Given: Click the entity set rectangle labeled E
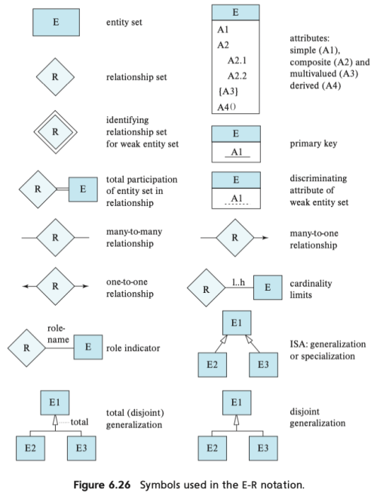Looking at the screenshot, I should tap(56, 23).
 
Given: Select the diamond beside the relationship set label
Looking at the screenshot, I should tap(56, 76).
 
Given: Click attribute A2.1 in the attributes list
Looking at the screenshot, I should tap(238, 60).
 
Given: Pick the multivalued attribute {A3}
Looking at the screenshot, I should tap(228, 91).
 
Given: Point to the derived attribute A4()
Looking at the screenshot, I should tap(227, 106).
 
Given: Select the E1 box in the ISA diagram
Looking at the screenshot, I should tap(236, 325).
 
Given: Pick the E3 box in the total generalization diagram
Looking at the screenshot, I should tap(81, 448).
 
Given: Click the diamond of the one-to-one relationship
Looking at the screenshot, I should tap(56, 286).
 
